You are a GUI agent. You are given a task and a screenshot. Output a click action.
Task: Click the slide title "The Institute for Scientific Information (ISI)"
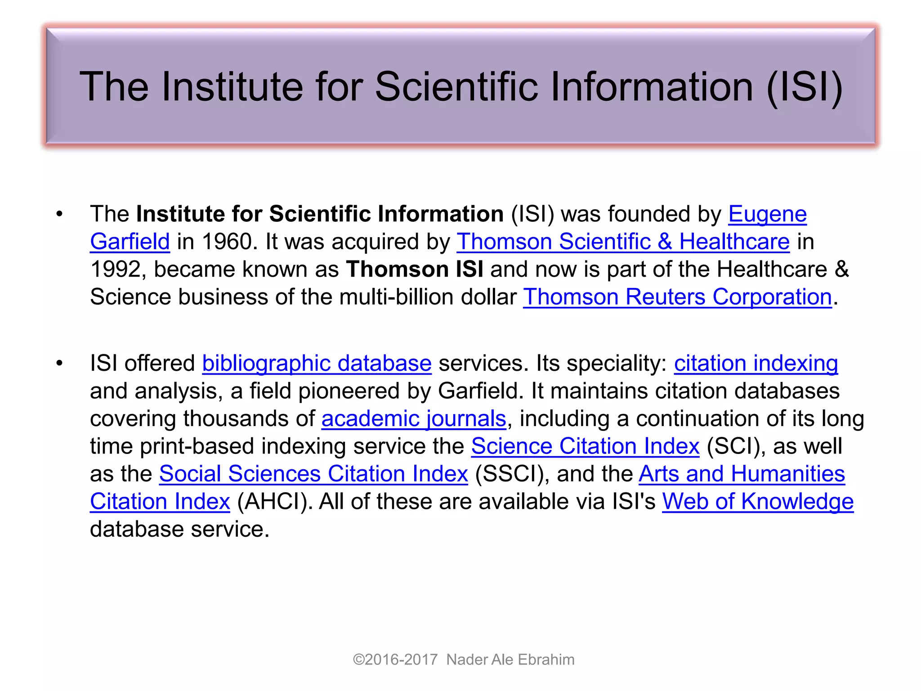[460, 86]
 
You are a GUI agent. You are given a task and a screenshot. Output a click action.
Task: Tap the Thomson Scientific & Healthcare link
[623, 242]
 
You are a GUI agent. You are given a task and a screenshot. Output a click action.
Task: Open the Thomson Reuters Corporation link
[677, 297]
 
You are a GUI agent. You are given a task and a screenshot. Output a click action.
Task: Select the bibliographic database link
[317, 363]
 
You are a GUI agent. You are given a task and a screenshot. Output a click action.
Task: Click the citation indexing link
[756, 363]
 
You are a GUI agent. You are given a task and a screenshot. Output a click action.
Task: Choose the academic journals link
[414, 418]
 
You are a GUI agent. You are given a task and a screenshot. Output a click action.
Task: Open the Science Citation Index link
[585, 446]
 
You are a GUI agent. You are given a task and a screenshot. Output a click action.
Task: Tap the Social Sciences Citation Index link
[313, 474]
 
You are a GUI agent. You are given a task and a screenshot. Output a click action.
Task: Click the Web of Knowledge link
[758, 502]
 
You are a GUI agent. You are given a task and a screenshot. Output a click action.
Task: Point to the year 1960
[227, 242]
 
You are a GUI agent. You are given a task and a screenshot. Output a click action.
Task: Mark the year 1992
[116, 269]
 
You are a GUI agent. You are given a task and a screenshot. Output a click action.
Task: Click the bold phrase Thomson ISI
[415, 269]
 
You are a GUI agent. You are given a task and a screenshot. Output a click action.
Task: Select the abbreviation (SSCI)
[509, 474]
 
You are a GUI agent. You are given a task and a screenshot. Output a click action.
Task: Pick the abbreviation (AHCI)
[275, 502]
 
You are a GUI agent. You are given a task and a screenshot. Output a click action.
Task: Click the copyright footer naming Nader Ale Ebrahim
[464, 660]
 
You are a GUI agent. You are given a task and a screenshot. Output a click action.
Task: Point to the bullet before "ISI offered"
[59, 363]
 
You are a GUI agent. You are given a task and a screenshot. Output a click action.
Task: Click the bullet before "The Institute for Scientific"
[59, 214]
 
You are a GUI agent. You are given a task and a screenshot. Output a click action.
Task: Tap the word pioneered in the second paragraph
[349, 391]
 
